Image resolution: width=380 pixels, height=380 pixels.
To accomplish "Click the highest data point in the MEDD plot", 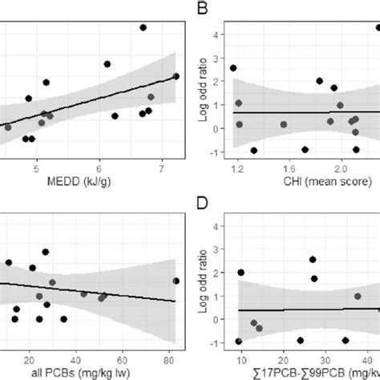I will click(144, 27).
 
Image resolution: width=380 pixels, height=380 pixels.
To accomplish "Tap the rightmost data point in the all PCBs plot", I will click(176, 281).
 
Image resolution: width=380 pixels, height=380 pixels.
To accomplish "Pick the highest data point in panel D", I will click(313, 260).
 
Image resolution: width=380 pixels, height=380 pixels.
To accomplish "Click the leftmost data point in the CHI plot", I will click(233, 68).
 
